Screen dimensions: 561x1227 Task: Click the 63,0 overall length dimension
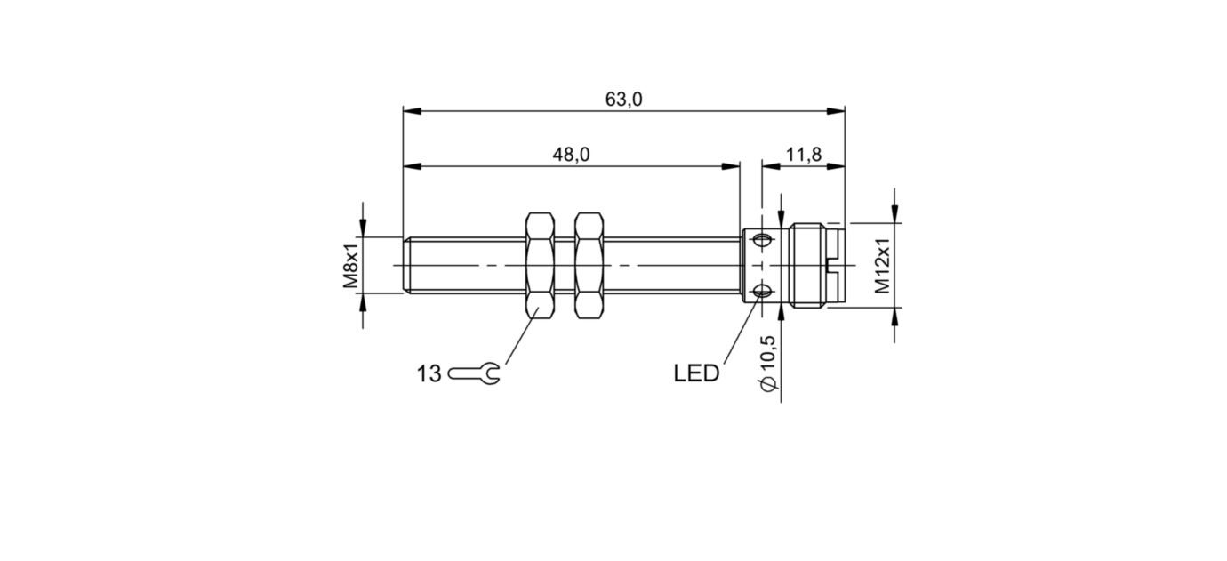[x=623, y=100]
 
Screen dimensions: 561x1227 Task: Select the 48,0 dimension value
[x=571, y=155]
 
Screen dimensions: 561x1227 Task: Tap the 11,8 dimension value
[x=804, y=155]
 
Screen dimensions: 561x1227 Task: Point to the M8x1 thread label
[x=350, y=264]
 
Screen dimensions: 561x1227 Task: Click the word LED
[x=696, y=374]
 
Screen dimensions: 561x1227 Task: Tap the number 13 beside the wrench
[x=429, y=374]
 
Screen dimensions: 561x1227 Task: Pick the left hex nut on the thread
[x=541, y=265]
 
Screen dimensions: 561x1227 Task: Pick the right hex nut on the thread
[x=588, y=265]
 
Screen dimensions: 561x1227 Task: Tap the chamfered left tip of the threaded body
[x=406, y=265]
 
